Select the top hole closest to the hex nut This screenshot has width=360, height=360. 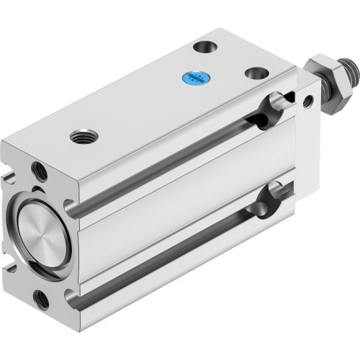pyautogui.click(x=253, y=74)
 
